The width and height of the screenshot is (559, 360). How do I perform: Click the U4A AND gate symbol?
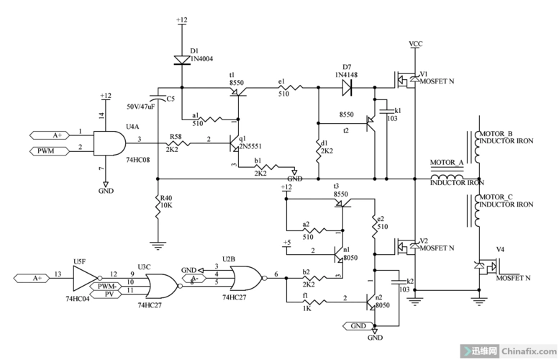pyautogui.click(x=111, y=140)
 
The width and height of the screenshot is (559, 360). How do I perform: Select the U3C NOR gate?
pyautogui.click(x=160, y=285)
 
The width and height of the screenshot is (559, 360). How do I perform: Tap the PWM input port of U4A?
pyautogui.click(x=50, y=150)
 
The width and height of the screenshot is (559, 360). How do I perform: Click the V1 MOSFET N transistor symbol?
pyautogui.click(x=406, y=80)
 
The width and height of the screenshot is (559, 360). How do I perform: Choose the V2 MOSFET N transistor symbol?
pyautogui.click(x=406, y=246)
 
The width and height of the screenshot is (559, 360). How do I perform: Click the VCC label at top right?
pyautogui.click(x=416, y=44)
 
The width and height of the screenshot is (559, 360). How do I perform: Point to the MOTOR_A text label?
pyautogui.click(x=447, y=163)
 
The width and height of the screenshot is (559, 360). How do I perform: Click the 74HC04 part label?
pyautogui.click(x=77, y=297)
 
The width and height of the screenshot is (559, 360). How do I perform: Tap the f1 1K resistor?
pyautogui.click(x=317, y=302)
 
